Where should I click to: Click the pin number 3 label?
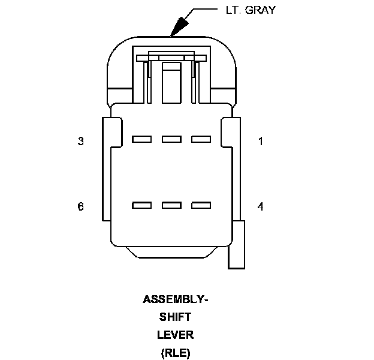(80, 142)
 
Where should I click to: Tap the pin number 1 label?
(260, 142)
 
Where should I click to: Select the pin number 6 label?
(80, 206)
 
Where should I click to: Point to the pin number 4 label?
(260, 206)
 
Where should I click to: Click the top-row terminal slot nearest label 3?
(141, 139)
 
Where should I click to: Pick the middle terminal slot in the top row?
(171, 139)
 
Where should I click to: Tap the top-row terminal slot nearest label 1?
(201, 139)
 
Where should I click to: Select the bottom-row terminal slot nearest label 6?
(141, 205)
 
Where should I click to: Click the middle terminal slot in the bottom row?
(171, 205)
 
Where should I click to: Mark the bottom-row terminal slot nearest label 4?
(201, 205)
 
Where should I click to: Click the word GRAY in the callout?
(261, 10)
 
